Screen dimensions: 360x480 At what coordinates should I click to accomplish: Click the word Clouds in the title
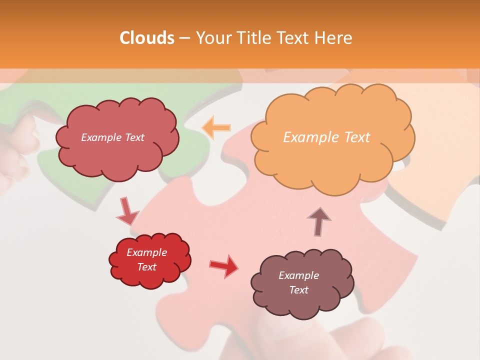click(147, 38)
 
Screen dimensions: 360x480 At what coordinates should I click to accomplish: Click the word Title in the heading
click(252, 38)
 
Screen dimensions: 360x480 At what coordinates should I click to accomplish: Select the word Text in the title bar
click(294, 38)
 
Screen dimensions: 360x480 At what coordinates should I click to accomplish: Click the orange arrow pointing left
click(216, 128)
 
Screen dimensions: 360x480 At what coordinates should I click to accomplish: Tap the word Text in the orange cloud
click(356, 137)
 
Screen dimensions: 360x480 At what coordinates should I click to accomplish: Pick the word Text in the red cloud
click(147, 267)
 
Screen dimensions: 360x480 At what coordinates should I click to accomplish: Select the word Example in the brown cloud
click(298, 275)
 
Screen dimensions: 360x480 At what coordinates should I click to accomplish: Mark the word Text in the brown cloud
click(298, 290)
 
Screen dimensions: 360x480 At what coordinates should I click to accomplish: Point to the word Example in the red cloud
click(147, 252)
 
